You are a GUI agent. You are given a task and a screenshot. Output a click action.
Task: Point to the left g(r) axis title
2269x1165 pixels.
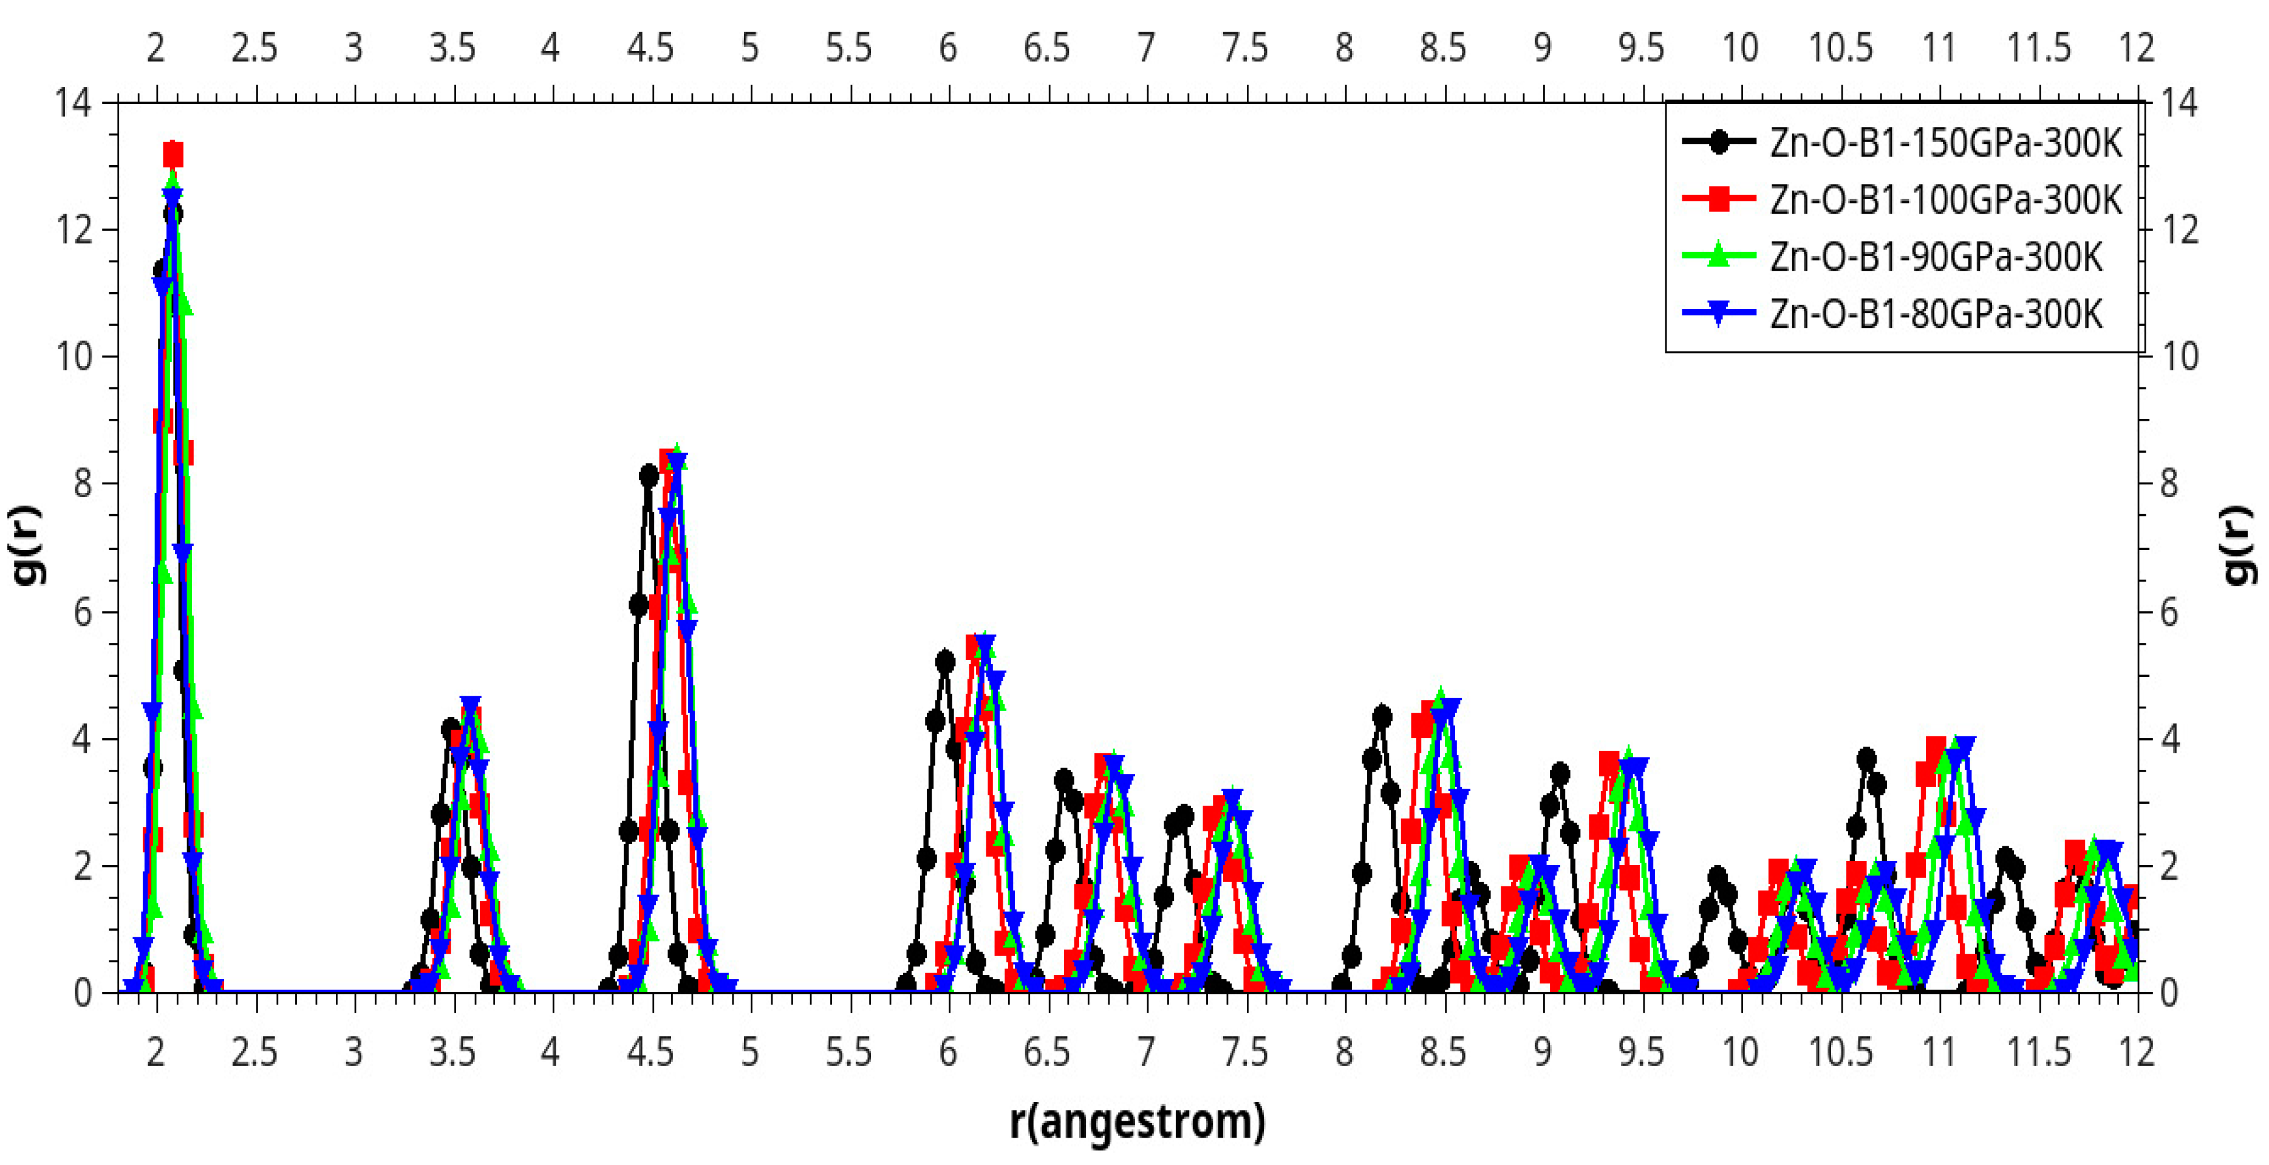27,546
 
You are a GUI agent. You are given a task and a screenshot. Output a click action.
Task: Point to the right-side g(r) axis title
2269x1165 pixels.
2241,546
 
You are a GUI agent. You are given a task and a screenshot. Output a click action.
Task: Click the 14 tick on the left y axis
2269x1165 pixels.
72,103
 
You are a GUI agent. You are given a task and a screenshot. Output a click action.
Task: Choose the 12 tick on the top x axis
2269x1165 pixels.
2137,47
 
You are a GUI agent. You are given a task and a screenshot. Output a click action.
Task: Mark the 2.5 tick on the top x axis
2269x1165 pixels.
254,47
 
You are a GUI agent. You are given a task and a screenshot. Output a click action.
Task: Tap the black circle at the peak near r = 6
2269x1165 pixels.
945,661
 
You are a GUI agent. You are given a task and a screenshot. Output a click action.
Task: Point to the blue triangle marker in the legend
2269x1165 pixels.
1718,313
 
